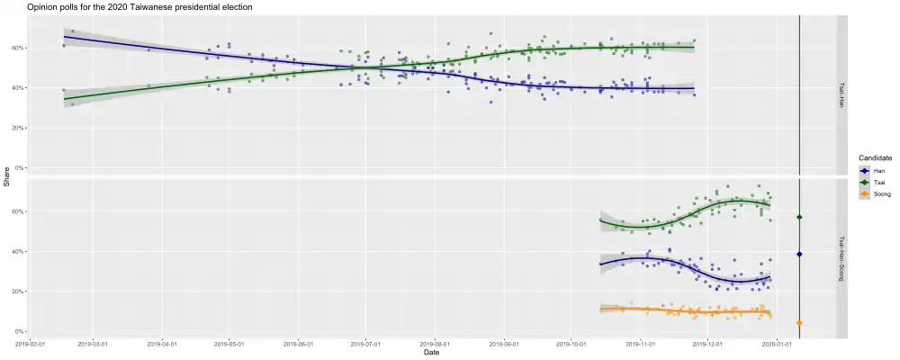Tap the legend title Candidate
(x=876, y=158)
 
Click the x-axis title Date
(x=432, y=352)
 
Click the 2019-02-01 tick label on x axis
(x=31, y=343)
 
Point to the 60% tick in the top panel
(x=17, y=48)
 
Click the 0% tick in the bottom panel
(x=19, y=331)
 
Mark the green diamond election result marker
(x=799, y=218)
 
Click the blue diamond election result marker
(x=799, y=255)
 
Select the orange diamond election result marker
(x=799, y=322)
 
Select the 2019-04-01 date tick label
(x=162, y=343)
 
